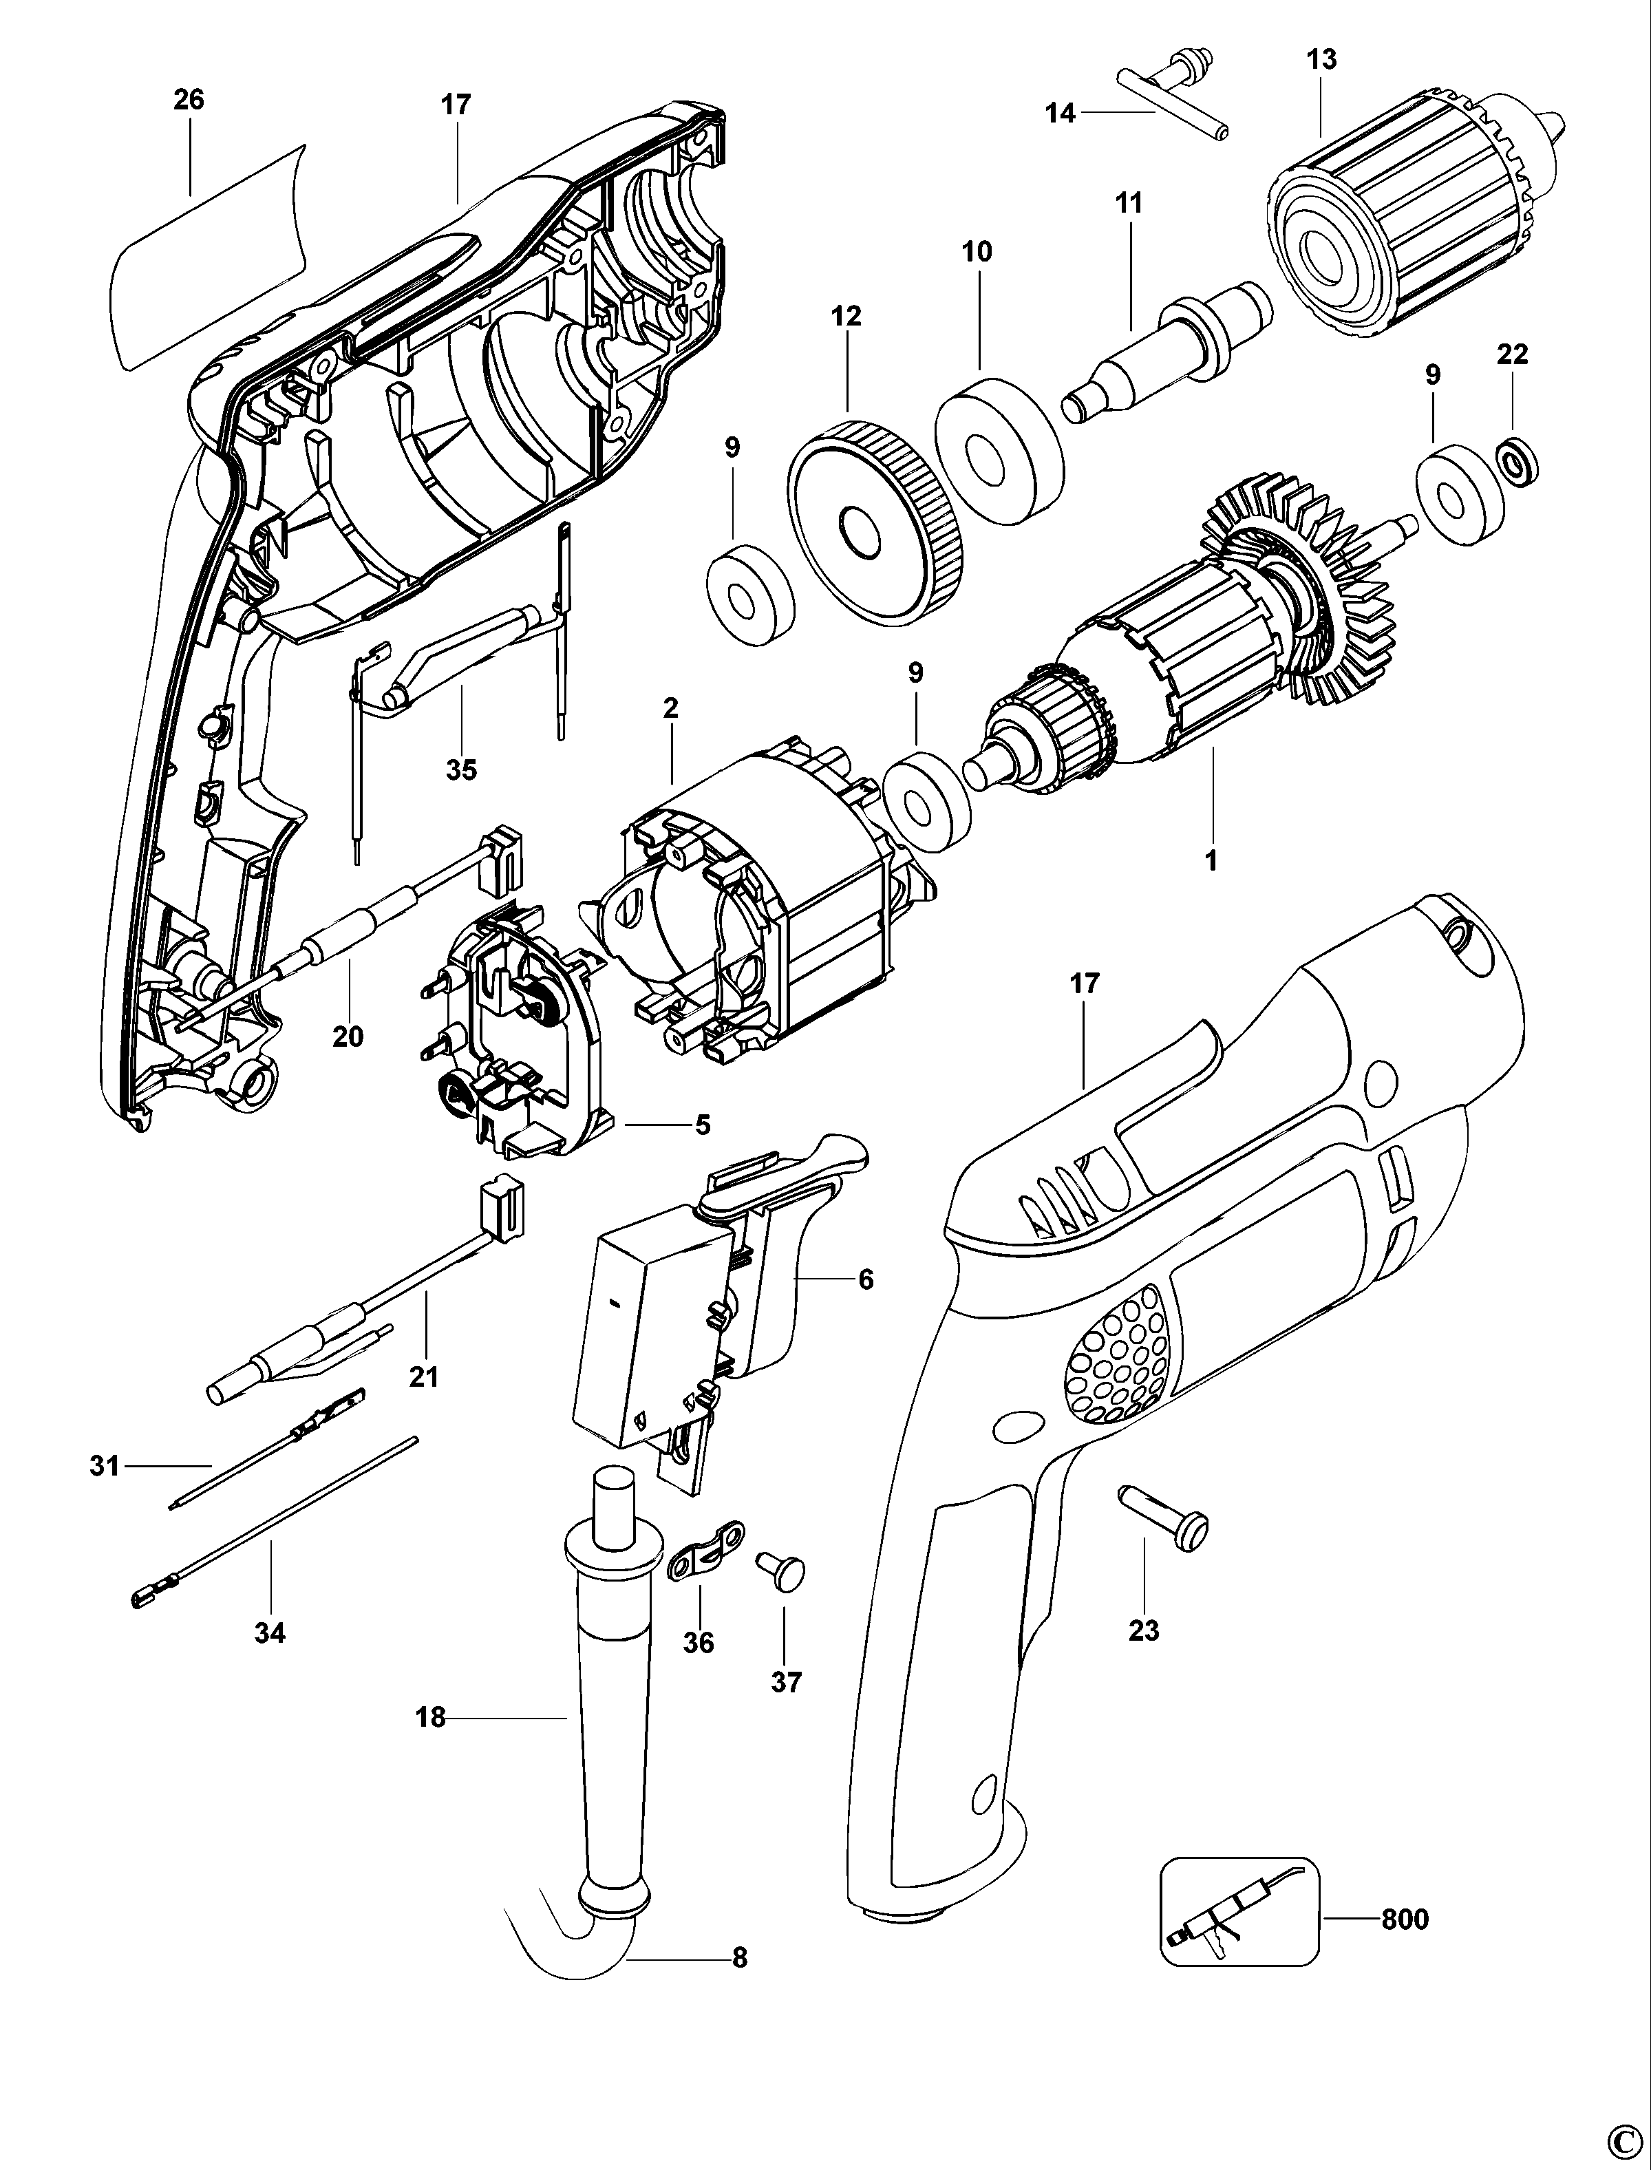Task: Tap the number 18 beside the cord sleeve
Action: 430,1717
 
